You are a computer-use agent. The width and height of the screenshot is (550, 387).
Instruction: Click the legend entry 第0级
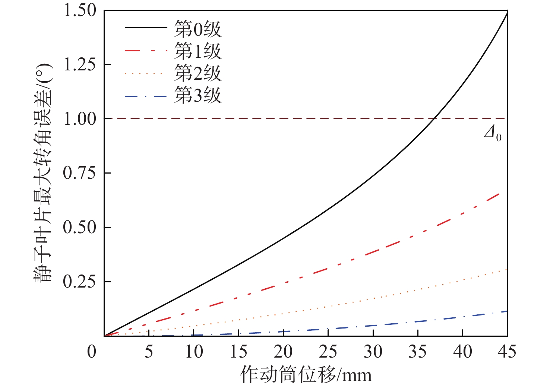pyautogui.click(x=198, y=29)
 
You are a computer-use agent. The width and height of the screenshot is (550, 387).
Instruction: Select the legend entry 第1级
pyautogui.click(x=198, y=51)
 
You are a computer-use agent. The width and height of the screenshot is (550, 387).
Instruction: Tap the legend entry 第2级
pyautogui.click(x=198, y=73)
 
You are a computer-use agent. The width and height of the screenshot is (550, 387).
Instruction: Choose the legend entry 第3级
pyautogui.click(x=198, y=95)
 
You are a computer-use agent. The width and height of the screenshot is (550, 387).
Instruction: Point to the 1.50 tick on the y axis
pyautogui.click(x=80, y=10)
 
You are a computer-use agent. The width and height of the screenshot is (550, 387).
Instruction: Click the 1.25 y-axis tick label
pyautogui.click(x=80, y=65)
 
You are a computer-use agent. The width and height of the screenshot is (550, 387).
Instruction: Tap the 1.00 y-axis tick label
pyautogui.click(x=80, y=119)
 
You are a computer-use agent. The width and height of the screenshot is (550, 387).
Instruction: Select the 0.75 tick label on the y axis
pyautogui.click(x=80, y=173)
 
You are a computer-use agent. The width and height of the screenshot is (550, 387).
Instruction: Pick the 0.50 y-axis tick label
pyautogui.click(x=80, y=227)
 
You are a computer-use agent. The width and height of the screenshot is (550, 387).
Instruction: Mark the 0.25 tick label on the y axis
pyautogui.click(x=80, y=282)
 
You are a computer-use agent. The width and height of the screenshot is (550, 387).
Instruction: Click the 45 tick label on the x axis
pyautogui.click(x=507, y=352)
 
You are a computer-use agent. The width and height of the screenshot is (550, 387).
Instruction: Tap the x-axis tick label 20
pyautogui.click(x=283, y=352)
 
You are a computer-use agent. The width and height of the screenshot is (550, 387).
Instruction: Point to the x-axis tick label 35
pyautogui.click(x=417, y=352)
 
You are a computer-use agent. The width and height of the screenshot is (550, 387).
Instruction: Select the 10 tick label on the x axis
pyautogui.click(x=194, y=352)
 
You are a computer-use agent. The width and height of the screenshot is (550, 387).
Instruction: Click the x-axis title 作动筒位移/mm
pyautogui.click(x=306, y=374)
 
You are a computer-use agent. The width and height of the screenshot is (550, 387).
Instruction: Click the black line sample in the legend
pyautogui.click(x=145, y=28)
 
